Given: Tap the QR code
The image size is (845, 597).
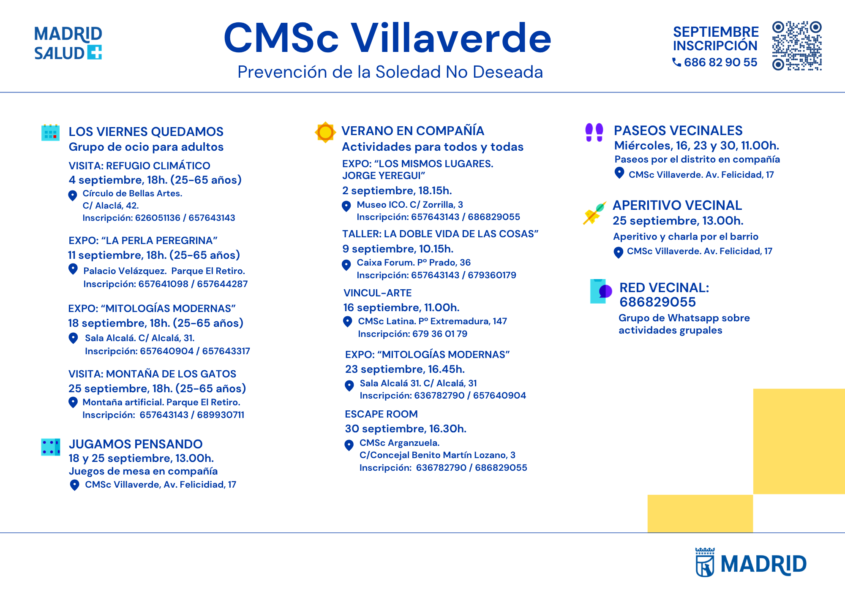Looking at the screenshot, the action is [x=797, y=46].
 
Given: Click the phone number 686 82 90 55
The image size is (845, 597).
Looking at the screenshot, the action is [x=720, y=62].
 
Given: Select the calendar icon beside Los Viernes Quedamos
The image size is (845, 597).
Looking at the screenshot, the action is [x=50, y=133].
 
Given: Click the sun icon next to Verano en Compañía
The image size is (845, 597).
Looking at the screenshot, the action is [x=325, y=132].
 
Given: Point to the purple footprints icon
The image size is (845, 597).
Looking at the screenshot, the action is [x=594, y=132].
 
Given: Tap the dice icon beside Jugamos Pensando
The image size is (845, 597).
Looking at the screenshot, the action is [x=50, y=447].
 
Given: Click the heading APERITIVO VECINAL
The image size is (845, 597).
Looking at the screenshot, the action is [x=677, y=205].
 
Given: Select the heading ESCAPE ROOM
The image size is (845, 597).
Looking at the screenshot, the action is [x=381, y=414].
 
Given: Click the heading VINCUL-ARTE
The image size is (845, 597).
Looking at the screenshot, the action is [x=377, y=293].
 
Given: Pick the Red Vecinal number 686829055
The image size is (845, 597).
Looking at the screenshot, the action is [x=657, y=302].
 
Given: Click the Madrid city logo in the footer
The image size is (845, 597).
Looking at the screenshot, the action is [x=751, y=562].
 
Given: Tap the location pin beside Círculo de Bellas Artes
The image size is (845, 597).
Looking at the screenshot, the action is [x=73, y=195].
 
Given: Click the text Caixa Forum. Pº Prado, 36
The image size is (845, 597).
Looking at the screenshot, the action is [x=414, y=263].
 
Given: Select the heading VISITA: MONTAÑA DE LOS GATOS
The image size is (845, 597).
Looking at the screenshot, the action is [x=152, y=374].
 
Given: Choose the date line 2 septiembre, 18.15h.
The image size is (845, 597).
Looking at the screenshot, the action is [x=397, y=191].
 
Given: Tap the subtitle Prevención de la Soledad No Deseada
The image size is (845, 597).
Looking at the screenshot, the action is [x=390, y=72].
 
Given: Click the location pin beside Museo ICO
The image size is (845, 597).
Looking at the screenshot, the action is [x=346, y=206].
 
